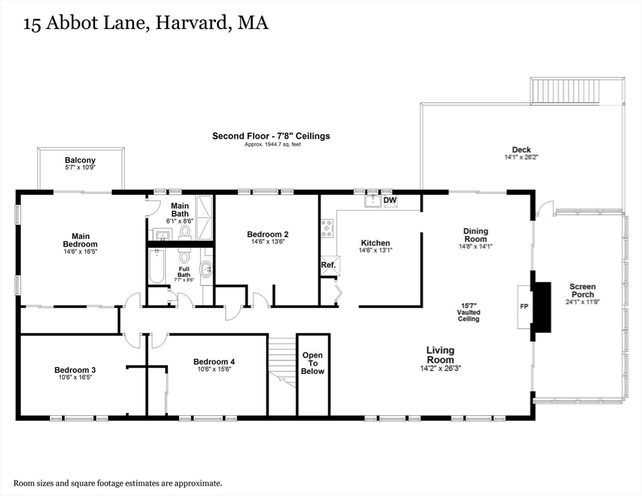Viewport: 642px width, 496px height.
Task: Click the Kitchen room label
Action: pyautogui.click(x=375, y=243)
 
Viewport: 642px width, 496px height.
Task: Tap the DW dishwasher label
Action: pyautogui.click(x=389, y=201)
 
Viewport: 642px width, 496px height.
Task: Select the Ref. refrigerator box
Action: pyautogui.click(x=328, y=264)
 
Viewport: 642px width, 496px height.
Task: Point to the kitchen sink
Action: pyautogui.click(x=373, y=201)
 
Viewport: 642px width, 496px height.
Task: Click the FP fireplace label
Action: pyautogui.click(x=524, y=306)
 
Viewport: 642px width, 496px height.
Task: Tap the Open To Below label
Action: pyautogui.click(x=313, y=363)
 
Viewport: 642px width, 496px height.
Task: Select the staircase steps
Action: pyautogui.click(x=282, y=359)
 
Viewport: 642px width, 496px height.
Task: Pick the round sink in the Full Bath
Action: pyautogui.click(x=205, y=270)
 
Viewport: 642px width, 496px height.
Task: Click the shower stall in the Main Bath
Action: pyautogui.click(x=204, y=216)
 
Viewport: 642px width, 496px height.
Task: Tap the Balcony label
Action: pyautogui.click(x=80, y=160)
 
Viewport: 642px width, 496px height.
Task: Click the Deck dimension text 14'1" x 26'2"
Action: pyautogui.click(x=521, y=157)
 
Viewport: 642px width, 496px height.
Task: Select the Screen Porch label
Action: pyautogui.click(x=582, y=290)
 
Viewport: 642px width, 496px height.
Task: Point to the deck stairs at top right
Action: pyautogui.click(x=577, y=90)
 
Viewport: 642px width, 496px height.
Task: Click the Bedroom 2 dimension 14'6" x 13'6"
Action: pyautogui.click(x=267, y=242)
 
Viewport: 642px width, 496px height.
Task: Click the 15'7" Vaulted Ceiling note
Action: pyautogui.click(x=469, y=312)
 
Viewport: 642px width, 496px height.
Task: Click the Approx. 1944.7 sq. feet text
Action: pyautogui.click(x=272, y=144)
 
